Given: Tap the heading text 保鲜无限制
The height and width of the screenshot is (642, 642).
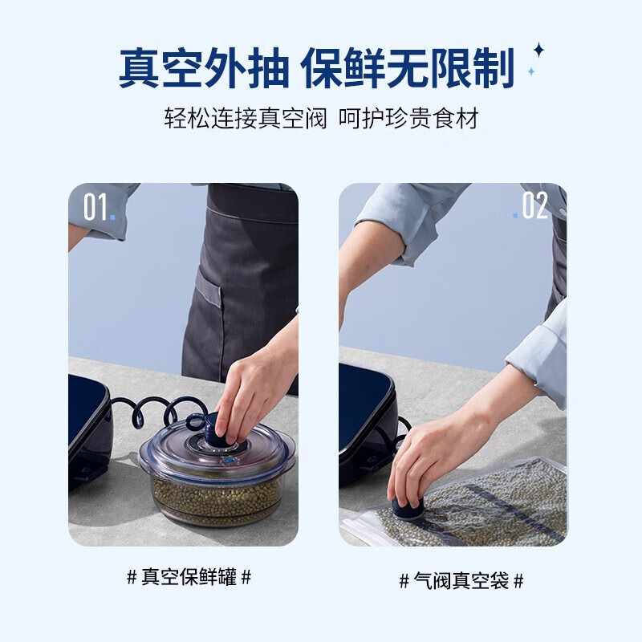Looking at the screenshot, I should pyautogui.click(x=408, y=67).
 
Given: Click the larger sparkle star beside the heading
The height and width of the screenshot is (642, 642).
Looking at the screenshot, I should pyautogui.click(x=538, y=51).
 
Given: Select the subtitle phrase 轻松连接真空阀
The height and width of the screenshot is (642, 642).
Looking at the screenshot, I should pyautogui.click(x=246, y=120).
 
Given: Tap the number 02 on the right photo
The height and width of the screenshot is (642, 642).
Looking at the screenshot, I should pyautogui.click(x=534, y=206).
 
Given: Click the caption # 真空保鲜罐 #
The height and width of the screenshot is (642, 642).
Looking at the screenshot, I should pyautogui.click(x=189, y=576).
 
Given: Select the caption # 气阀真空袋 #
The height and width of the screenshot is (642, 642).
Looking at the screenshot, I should pyautogui.click(x=461, y=580).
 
